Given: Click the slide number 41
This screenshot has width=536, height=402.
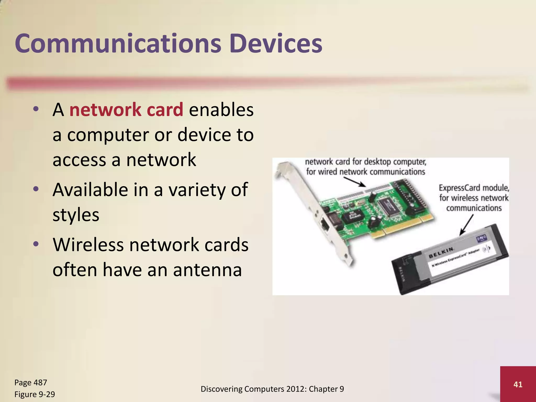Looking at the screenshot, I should pos(518,384).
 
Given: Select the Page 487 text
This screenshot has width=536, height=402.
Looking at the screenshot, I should pos(31,382).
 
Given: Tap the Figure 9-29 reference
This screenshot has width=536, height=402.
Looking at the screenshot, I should pos(35,394).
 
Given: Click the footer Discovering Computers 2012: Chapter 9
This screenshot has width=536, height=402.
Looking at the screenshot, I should pos(272,389).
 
